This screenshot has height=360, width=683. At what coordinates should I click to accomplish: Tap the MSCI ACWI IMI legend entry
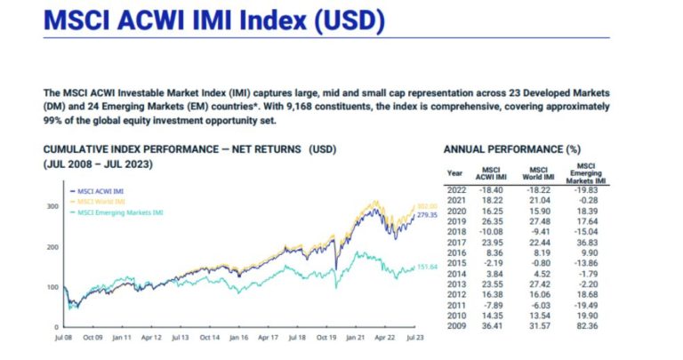(100, 191)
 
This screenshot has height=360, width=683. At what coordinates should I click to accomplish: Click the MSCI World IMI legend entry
(100, 202)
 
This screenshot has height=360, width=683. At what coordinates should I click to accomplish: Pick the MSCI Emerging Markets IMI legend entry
(119, 212)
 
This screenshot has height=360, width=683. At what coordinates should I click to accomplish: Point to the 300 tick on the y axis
(52, 206)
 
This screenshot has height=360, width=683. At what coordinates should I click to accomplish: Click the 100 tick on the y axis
(52, 287)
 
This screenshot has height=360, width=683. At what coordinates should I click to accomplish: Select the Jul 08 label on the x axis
(64, 338)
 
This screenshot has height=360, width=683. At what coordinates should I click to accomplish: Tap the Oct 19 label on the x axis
(326, 338)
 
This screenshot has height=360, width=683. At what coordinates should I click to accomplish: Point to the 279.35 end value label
(429, 215)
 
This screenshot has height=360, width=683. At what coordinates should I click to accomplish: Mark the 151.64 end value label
(429, 267)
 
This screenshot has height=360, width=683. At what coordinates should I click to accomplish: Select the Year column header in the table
(454, 172)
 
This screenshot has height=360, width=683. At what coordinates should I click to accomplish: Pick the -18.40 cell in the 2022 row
(494, 189)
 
